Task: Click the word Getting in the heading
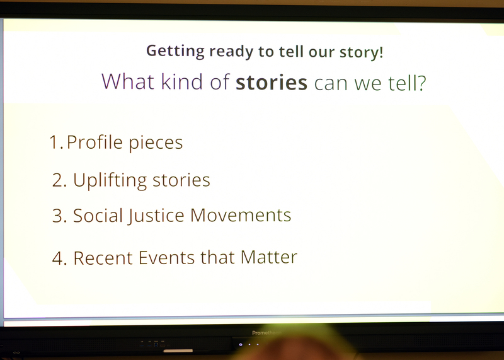pyautogui.click(x=175, y=52)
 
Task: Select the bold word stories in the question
pyautogui.click(x=272, y=83)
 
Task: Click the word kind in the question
pyautogui.click(x=181, y=82)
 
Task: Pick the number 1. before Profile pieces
pyautogui.click(x=56, y=142)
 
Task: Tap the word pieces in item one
pyautogui.click(x=156, y=143)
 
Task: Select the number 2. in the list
pyautogui.click(x=59, y=180)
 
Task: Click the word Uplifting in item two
pyautogui.click(x=110, y=180)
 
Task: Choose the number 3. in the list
pyautogui.click(x=59, y=216)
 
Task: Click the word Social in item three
pyautogui.click(x=98, y=215)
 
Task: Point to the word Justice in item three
pyautogui.click(x=156, y=216)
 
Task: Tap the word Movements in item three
pyautogui.click(x=241, y=215)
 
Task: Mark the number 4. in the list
pyautogui.click(x=59, y=258)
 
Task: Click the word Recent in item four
pyautogui.click(x=103, y=258)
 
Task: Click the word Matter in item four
pyautogui.click(x=269, y=257)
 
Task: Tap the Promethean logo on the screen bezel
pyautogui.click(x=266, y=333)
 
